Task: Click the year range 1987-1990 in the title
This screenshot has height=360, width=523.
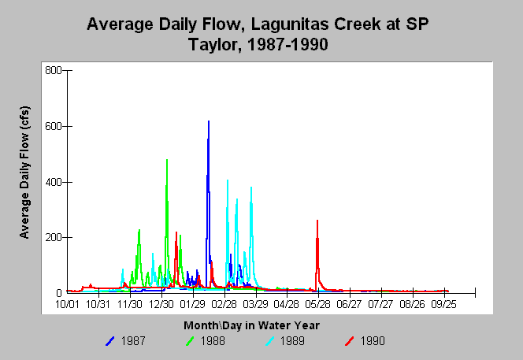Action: click(287, 44)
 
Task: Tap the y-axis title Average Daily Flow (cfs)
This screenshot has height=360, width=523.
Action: click(24, 173)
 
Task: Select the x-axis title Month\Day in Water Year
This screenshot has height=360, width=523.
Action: click(251, 325)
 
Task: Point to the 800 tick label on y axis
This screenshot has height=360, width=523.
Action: click(54, 70)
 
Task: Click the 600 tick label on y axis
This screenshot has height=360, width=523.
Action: click(54, 127)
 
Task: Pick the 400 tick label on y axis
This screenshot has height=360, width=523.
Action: click(54, 182)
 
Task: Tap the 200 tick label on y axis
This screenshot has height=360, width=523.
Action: click(54, 238)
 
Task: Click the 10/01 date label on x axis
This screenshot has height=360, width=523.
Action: click(67, 304)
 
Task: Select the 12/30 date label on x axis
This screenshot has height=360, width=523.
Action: click(161, 304)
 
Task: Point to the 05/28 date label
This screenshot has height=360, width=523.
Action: click(318, 304)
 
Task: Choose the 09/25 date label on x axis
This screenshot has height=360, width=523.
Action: click(443, 304)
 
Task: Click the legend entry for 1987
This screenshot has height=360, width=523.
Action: click(125, 341)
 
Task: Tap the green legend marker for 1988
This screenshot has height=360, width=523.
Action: click(190, 341)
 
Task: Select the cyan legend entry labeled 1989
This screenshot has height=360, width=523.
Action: click(285, 341)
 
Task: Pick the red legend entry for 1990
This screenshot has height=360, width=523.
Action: click(365, 341)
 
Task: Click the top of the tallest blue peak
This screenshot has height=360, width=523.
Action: click(209, 121)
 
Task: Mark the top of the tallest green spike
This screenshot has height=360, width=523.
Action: click(167, 159)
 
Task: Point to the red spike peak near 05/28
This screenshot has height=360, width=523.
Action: click(317, 221)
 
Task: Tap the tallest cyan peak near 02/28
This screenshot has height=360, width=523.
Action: click(228, 180)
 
